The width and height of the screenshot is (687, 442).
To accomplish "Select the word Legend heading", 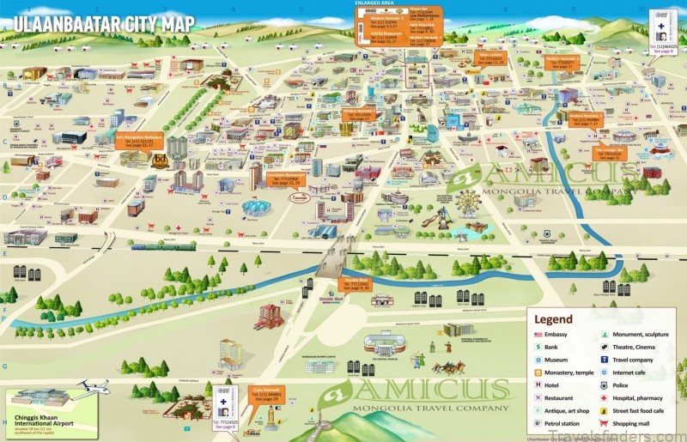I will (x=555, y=319).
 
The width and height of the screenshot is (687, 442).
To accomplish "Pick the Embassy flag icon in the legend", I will (x=538, y=335).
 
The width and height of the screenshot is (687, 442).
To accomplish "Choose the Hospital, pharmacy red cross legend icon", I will (x=606, y=399).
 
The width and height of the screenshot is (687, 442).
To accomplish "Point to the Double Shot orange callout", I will (x=357, y=284).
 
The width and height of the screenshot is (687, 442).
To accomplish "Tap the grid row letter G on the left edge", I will (x=5, y=365).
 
